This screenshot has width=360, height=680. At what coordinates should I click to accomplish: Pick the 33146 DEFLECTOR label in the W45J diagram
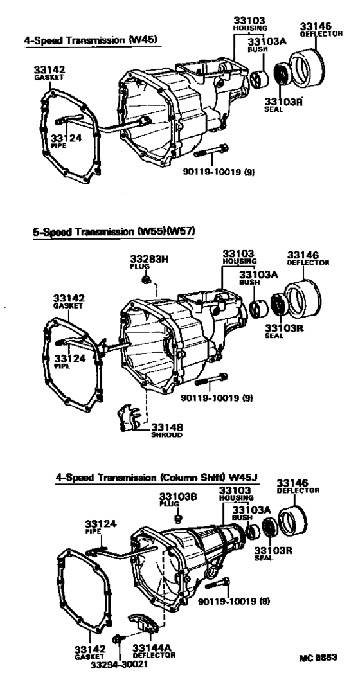[x=293, y=485]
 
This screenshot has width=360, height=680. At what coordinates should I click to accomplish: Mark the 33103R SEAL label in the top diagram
[x=278, y=103]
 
